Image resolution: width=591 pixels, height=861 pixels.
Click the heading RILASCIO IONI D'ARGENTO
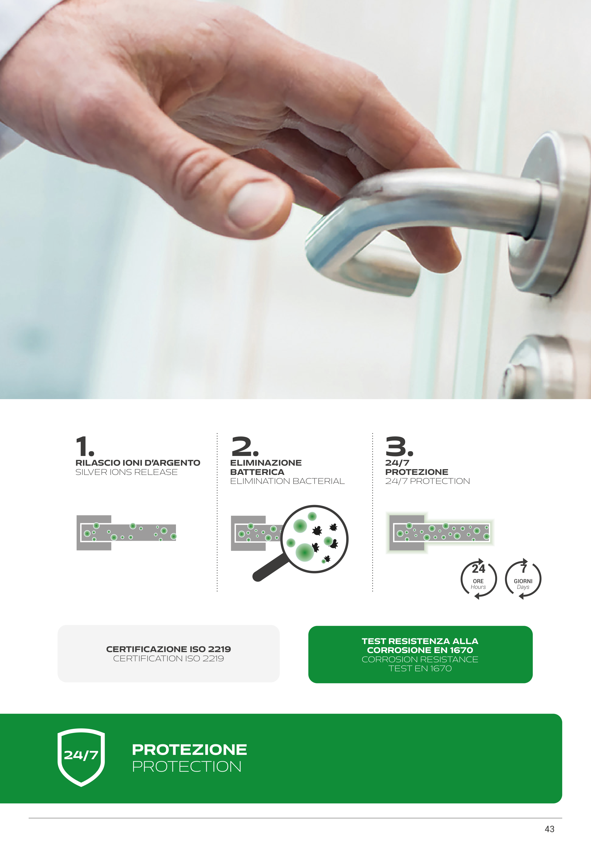coord(138,463)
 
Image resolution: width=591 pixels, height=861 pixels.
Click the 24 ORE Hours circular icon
coord(478,578)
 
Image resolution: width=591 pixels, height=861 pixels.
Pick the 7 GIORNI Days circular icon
coord(523,578)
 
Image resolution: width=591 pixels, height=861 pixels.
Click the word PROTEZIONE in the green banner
coord(189,749)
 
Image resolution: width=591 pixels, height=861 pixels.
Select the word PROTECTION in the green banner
coord(187,766)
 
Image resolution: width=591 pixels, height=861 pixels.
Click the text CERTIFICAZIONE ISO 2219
coord(168,649)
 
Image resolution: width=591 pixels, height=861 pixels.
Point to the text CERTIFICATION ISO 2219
coord(168,658)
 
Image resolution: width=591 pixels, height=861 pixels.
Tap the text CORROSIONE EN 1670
coord(420,650)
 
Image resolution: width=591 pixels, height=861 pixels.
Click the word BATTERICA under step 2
coord(257,472)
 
